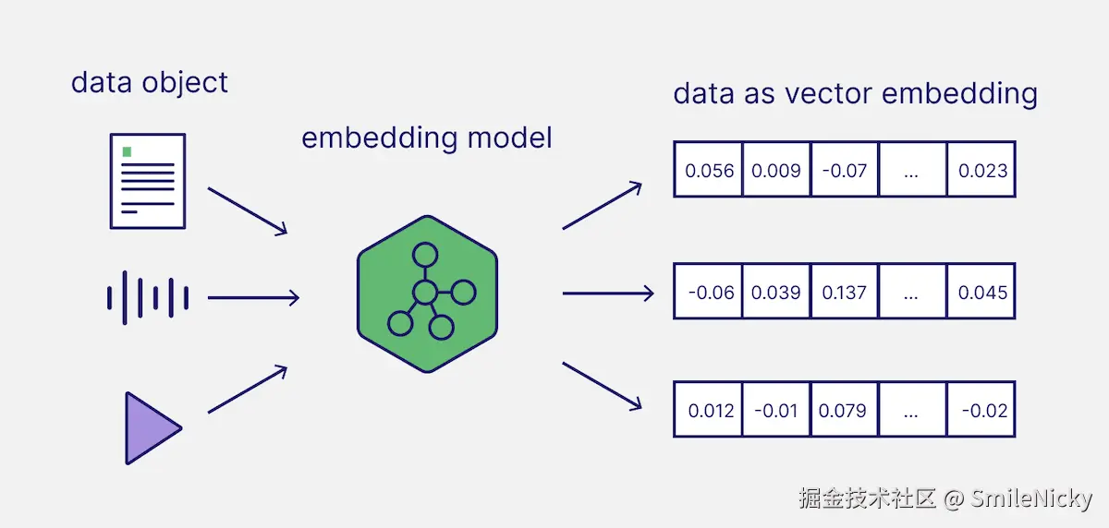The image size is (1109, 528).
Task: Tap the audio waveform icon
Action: tap(148, 297)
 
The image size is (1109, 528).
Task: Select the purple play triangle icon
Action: tap(152, 427)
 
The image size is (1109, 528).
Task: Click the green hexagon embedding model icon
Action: tap(427, 294)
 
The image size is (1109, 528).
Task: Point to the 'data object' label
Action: tap(149, 83)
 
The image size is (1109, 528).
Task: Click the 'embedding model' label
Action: tap(426, 138)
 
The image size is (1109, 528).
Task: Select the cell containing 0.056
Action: tap(709, 170)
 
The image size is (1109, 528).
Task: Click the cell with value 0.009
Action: tap(776, 170)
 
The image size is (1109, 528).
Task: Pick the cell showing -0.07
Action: tap(844, 170)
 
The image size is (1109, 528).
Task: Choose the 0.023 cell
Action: tap(981, 170)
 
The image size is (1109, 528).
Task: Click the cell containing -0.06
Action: tap(709, 292)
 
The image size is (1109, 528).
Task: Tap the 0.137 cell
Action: tap(844, 292)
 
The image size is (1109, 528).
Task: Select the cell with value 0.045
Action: tap(981, 292)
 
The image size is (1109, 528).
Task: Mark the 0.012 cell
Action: tap(709, 410)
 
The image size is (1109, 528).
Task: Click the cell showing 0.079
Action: tap(844, 410)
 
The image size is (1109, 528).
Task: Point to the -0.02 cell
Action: tap(981, 410)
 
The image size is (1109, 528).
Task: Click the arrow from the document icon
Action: tap(248, 210)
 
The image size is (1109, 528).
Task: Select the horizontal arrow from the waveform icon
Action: tap(253, 297)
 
